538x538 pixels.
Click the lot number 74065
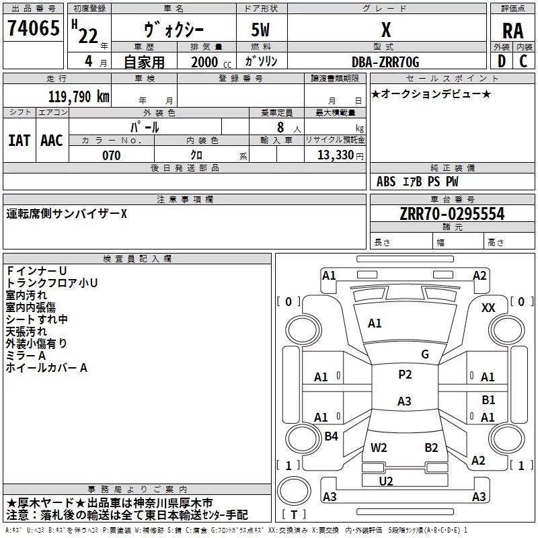point(34,28)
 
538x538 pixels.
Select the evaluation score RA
point(512,31)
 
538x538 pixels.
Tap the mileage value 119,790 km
point(79,97)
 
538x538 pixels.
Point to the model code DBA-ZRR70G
point(385,62)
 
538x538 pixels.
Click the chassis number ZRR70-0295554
point(452,214)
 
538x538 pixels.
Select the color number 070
point(112,155)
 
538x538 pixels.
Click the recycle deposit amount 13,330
point(336,155)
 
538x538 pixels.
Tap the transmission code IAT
point(20,141)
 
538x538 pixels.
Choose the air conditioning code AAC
point(52,141)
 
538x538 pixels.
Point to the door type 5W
point(260,30)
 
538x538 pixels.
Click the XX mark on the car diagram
point(488,308)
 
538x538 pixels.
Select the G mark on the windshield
point(425,354)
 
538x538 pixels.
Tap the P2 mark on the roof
point(405,375)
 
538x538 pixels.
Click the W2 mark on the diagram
point(379,448)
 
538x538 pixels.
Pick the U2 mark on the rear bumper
point(386,482)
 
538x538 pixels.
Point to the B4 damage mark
point(331,436)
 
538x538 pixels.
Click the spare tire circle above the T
point(294,491)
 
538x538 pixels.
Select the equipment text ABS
point(386,182)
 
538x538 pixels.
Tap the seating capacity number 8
point(280,127)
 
